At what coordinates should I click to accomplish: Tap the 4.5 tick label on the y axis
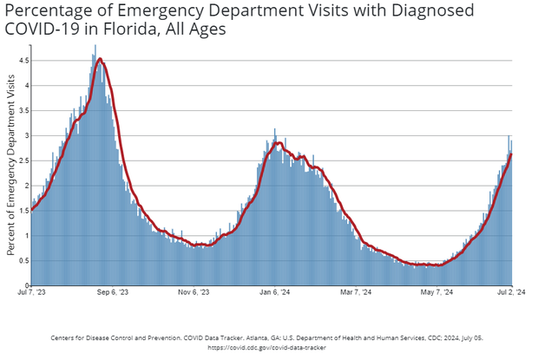click(23, 61)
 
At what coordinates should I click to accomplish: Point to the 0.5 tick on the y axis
click(23, 261)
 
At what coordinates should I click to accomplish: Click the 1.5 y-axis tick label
click(23, 211)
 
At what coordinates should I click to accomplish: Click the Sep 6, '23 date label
click(110, 292)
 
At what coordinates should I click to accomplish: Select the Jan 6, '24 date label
click(273, 292)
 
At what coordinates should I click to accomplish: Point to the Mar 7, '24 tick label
click(354, 292)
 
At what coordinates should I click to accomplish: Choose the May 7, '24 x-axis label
click(437, 292)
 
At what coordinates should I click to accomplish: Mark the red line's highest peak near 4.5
click(100, 59)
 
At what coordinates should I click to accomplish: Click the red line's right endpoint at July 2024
click(512, 154)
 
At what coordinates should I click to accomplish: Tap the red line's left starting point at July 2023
click(31, 209)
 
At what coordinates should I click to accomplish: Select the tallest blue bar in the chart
click(95, 45)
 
